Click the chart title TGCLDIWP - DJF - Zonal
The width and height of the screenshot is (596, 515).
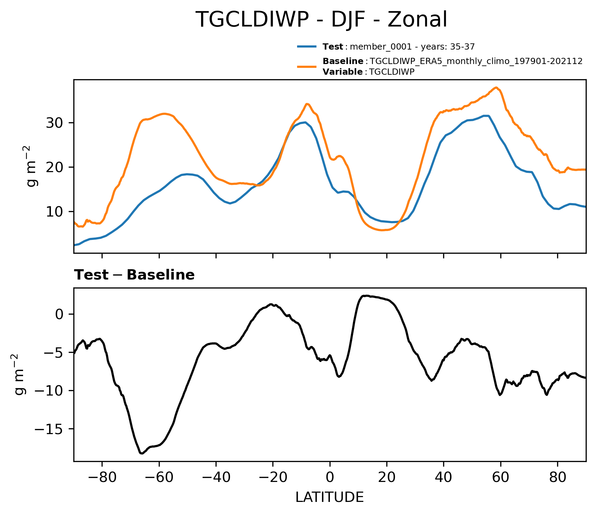[x=321, y=20]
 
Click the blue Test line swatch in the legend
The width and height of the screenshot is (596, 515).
[x=306, y=46]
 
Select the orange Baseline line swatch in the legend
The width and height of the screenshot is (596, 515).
[x=306, y=66]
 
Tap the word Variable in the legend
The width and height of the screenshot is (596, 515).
[x=342, y=72]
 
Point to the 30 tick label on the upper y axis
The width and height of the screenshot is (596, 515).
[x=54, y=123]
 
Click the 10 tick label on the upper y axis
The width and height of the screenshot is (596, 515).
[x=54, y=211]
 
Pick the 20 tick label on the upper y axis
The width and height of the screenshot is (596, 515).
[x=54, y=167]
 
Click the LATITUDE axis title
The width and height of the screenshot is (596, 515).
[x=330, y=497]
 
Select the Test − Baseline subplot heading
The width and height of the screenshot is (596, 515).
[x=134, y=275]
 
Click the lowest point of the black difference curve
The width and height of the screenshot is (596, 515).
[x=141, y=453]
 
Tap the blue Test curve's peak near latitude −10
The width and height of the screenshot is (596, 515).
[x=305, y=122]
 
